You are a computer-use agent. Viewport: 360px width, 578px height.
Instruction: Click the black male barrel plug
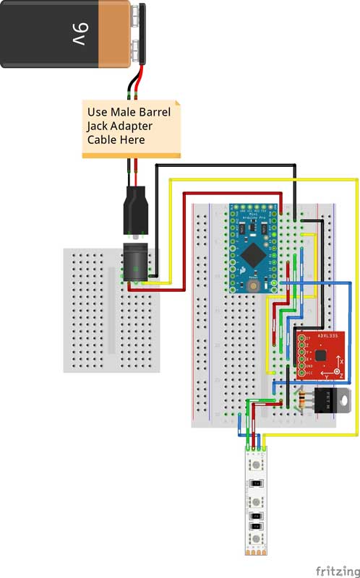(x=135, y=207)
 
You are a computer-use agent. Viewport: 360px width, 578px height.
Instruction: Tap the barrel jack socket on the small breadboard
(x=135, y=263)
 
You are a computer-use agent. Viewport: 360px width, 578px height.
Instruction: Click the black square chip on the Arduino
(x=253, y=252)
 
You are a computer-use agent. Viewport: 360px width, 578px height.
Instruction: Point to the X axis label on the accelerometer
(x=342, y=359)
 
